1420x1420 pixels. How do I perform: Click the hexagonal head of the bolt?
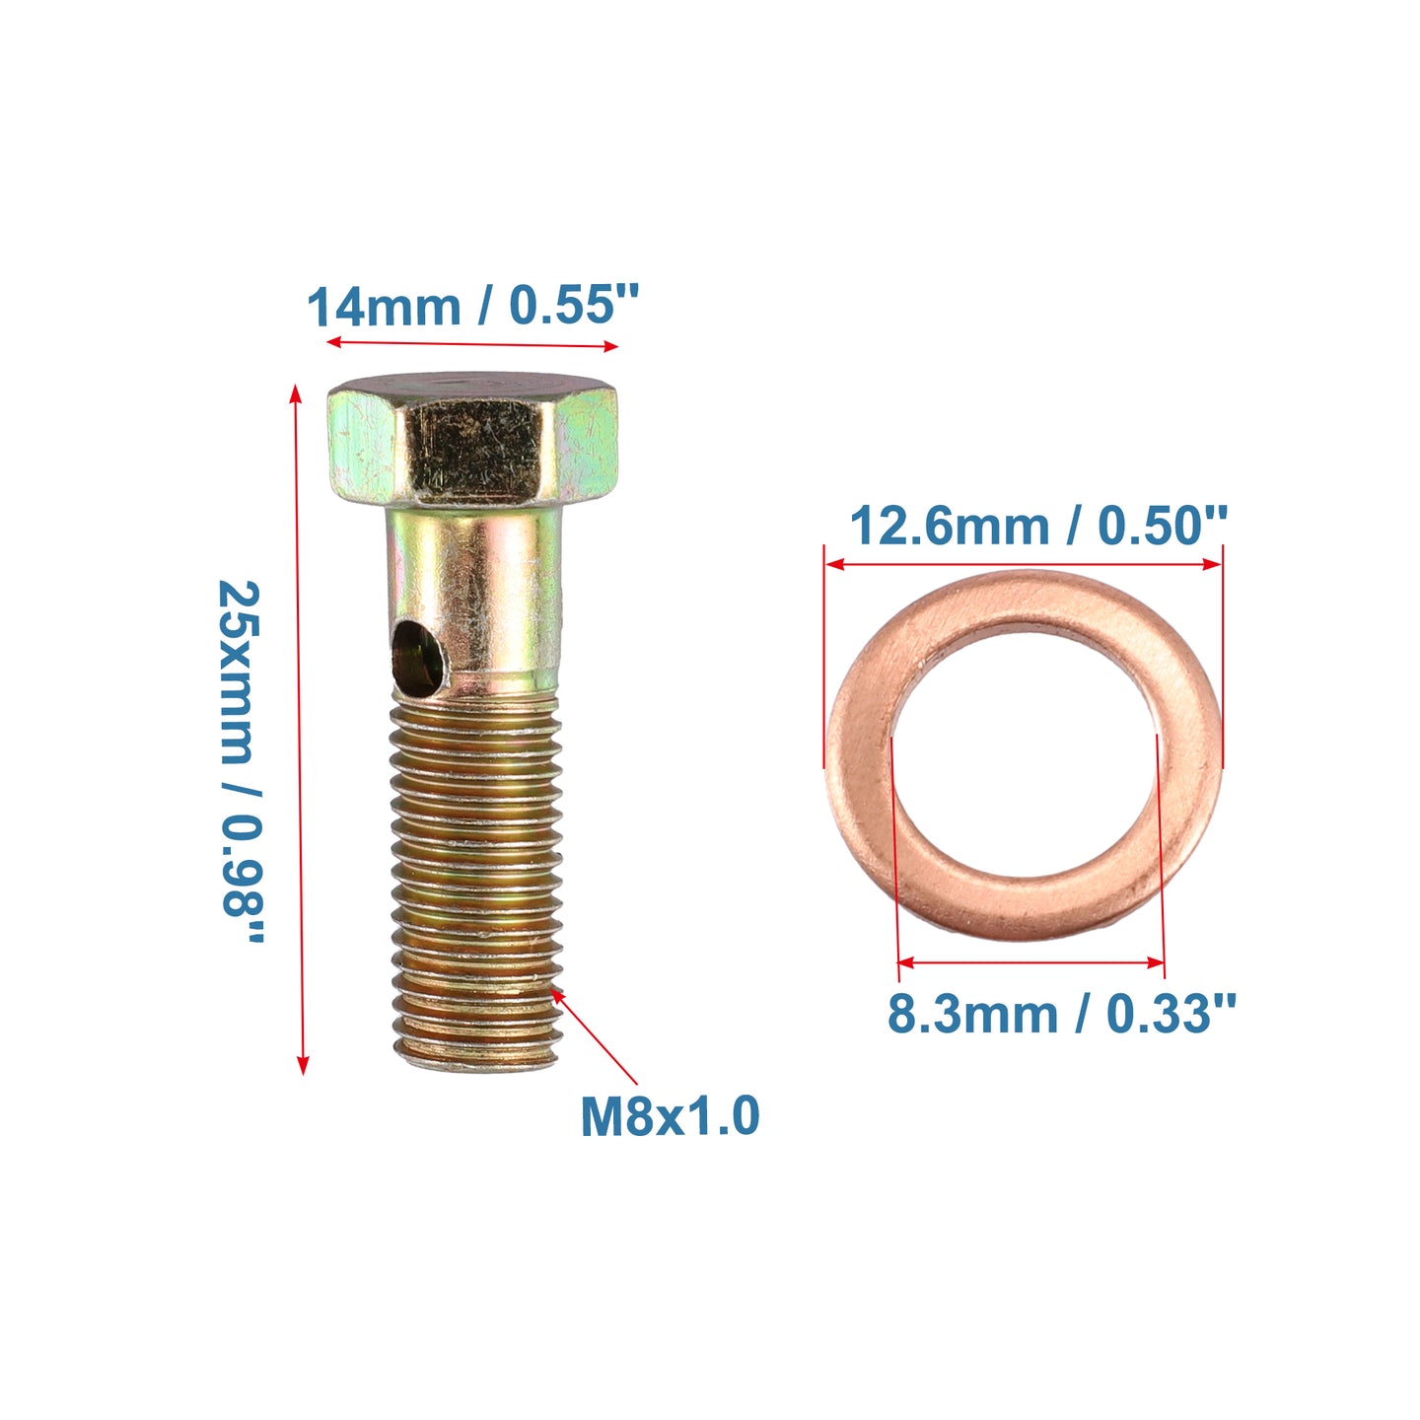[x=472, y=440]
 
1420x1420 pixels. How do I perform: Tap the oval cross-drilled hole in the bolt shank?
[x=418, y=658]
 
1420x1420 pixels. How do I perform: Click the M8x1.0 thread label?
[x=670, y=1115]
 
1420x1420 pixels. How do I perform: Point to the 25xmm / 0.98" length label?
[x=241, y=761]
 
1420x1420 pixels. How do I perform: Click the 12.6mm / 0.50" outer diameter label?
[x=1038, y=527]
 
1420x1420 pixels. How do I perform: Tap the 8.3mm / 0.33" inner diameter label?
[x=1060, y=1015]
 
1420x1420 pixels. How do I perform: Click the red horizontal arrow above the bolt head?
[x=472, y=343]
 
